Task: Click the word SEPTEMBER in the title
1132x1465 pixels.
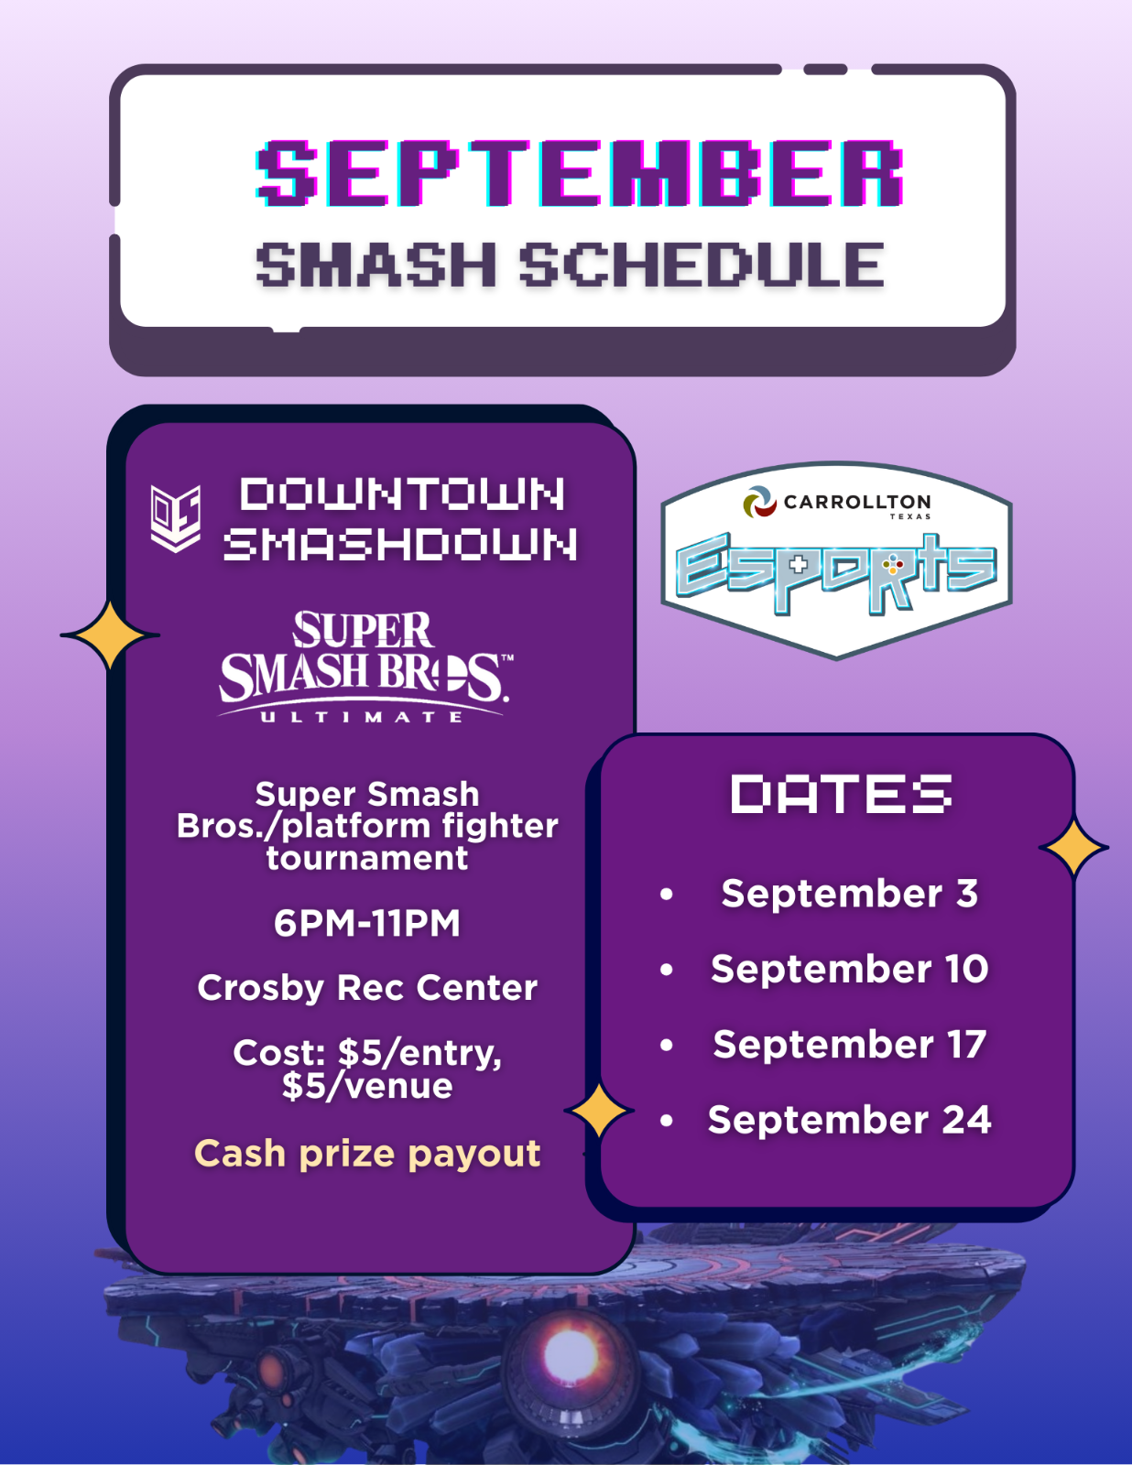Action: [580, 173]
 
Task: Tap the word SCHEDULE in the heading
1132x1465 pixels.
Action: [702, 265]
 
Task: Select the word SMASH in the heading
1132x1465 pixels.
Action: [376, 265]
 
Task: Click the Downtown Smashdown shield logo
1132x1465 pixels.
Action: [175, 517]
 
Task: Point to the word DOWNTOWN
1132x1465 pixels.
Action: [402, 494]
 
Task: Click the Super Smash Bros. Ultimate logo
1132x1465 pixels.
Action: [365, 666]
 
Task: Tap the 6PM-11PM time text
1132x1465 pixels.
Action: [366, 922]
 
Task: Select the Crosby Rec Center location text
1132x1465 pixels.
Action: [367, 988]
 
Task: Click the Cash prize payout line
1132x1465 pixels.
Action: [367, 1154]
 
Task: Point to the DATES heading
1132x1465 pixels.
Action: [842, 794]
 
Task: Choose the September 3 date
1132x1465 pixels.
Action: [850, 894]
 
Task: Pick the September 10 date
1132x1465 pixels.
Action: [850, 969]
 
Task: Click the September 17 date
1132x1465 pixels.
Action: [850, 1045]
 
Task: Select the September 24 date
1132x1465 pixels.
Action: [850, 1120]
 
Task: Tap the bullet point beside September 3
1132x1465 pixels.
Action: [667, 894]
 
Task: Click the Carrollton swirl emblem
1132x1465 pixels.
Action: [760, 502]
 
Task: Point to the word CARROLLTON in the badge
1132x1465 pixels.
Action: [857, 502]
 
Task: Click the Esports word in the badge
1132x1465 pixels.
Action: [836, 572]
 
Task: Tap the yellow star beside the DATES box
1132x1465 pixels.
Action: [1074, 848]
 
